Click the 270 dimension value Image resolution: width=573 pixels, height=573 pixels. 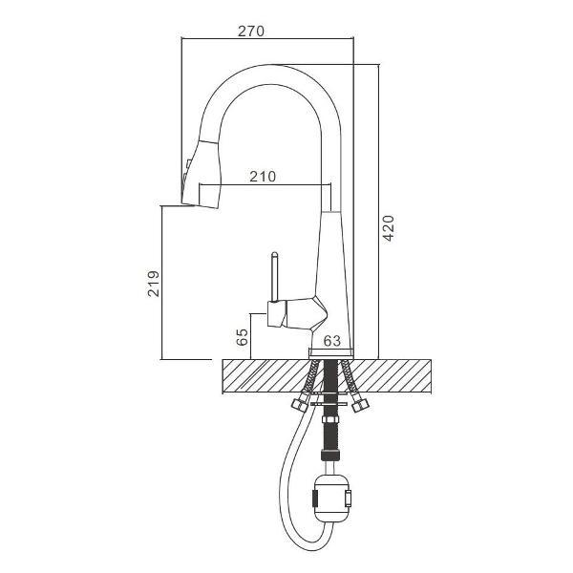click(x=250, y=32)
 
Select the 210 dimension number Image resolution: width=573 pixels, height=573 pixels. click(x=263, y=177)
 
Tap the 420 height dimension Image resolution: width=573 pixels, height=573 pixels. click(x=389, y=228)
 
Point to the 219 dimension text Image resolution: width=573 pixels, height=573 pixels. click(x=154, y=284)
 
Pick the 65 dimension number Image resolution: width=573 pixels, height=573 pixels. click(x=243, y=337)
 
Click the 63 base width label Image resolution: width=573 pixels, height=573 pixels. click(x=332, y=341)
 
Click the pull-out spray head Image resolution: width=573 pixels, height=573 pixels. click(x=202, y=175)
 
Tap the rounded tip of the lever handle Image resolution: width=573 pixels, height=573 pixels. click(x=274, y=254)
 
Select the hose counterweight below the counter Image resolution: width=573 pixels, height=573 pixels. click(x=331, y=499)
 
